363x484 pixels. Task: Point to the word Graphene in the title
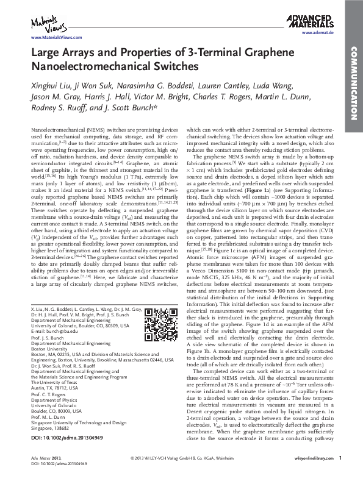pyautogui.click(x=271, y=52)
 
